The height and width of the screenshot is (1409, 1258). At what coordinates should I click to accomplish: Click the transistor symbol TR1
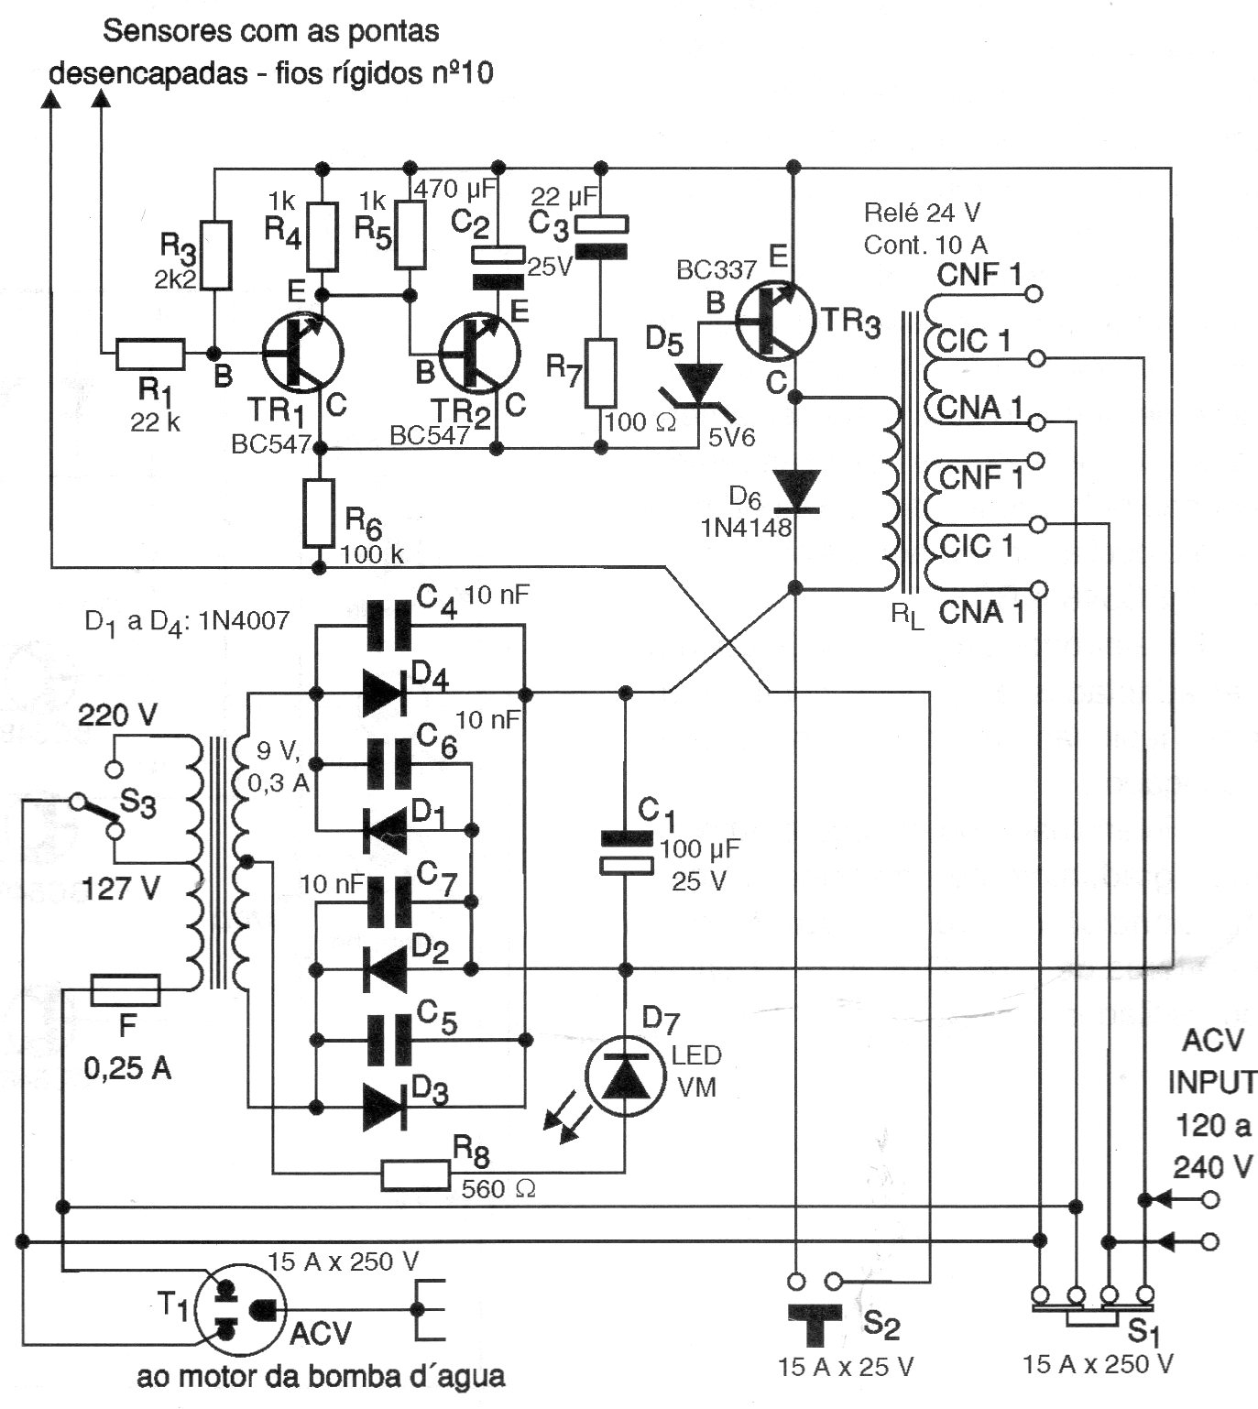click(302, 353)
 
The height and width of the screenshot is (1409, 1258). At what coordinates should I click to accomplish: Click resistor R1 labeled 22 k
click(150, 353)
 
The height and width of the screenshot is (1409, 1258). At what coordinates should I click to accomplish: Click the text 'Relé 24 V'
click(922, 213)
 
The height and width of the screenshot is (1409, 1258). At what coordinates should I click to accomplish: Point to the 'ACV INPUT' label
click(1212, 1061)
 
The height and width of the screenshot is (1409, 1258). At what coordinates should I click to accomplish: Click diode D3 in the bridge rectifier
click(385, 1104)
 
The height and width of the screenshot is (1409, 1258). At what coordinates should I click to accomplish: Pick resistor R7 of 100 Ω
click(601, 373)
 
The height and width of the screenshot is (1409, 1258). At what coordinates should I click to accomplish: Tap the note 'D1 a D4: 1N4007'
click(187, 622)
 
